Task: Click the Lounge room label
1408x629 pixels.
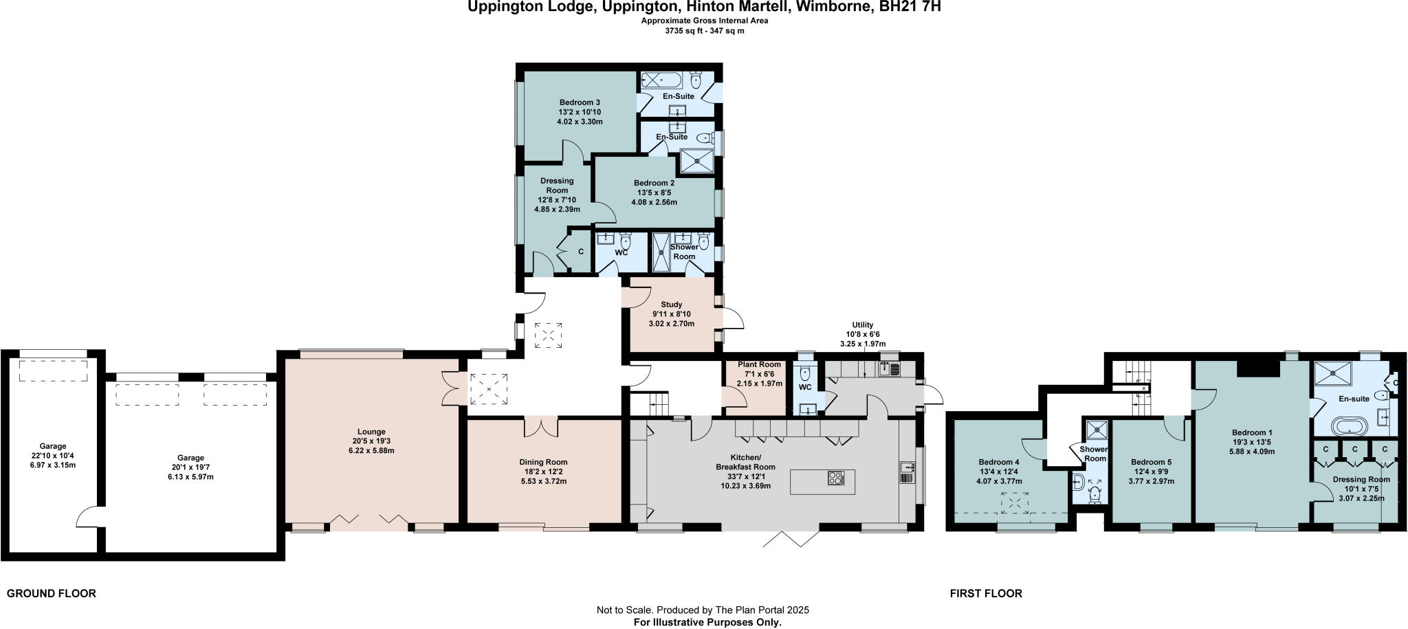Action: [371, 432]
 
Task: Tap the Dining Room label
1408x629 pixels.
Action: [543, 462]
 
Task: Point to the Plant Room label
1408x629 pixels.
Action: [759, 364]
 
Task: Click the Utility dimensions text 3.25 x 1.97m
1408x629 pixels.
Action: [862, 344]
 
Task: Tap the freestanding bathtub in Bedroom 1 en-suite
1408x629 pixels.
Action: [1352, 426]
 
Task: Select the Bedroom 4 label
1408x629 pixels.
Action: [998, 462]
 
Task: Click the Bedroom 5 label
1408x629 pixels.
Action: [1151, 462]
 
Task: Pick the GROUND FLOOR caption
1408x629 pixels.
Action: [51, 593]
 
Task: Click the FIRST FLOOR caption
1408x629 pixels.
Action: [986, 593]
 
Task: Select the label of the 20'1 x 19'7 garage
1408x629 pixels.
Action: [190, 458]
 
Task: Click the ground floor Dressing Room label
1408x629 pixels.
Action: [557, 186]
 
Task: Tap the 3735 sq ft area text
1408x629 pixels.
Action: [704, 31]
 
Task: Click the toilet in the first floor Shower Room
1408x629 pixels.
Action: [1094, 494]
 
